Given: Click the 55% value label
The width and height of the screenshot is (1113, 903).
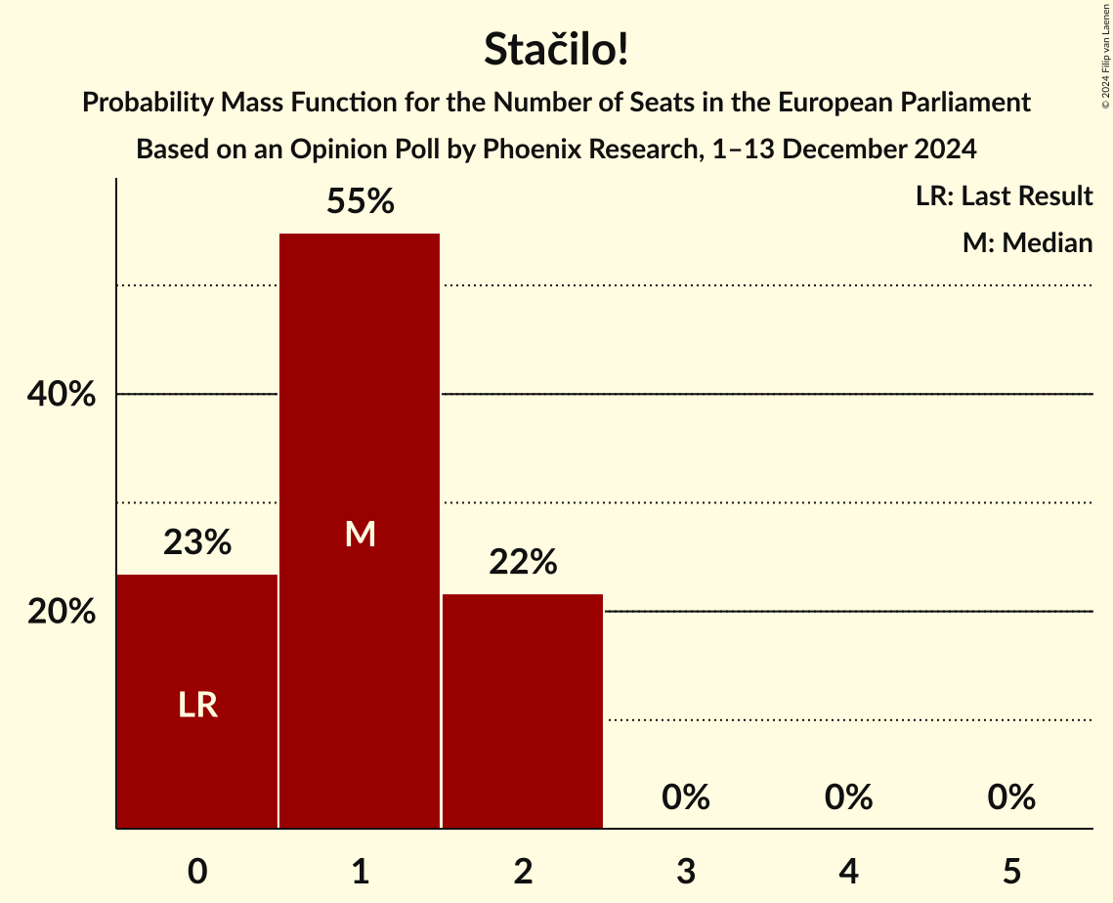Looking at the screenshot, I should pos(360,202).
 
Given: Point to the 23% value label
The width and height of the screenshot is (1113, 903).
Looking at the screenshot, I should pos(197,542).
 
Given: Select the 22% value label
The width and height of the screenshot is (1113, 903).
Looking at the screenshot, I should pos(523,562).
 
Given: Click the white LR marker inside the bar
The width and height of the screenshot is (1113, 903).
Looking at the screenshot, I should pos(197,705).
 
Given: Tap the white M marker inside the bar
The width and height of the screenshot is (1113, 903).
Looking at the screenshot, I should pos(360,534).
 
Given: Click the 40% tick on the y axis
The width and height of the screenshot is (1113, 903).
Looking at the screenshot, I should pos(62,395).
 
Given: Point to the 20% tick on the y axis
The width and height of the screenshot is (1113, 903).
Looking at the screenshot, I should pos(62,612).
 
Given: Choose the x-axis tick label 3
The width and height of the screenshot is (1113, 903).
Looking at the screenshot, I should pos(685,872).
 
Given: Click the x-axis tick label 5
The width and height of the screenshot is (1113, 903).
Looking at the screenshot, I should pos(1010,872).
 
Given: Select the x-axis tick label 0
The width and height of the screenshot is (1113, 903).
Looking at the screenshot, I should pos(197,872).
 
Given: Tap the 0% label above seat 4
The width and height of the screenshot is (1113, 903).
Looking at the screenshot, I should pos(848,797).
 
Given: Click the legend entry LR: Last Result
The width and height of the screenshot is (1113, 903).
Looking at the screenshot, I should pos(1004,196).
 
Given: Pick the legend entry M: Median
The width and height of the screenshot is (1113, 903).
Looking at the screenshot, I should pos(1026,242).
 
